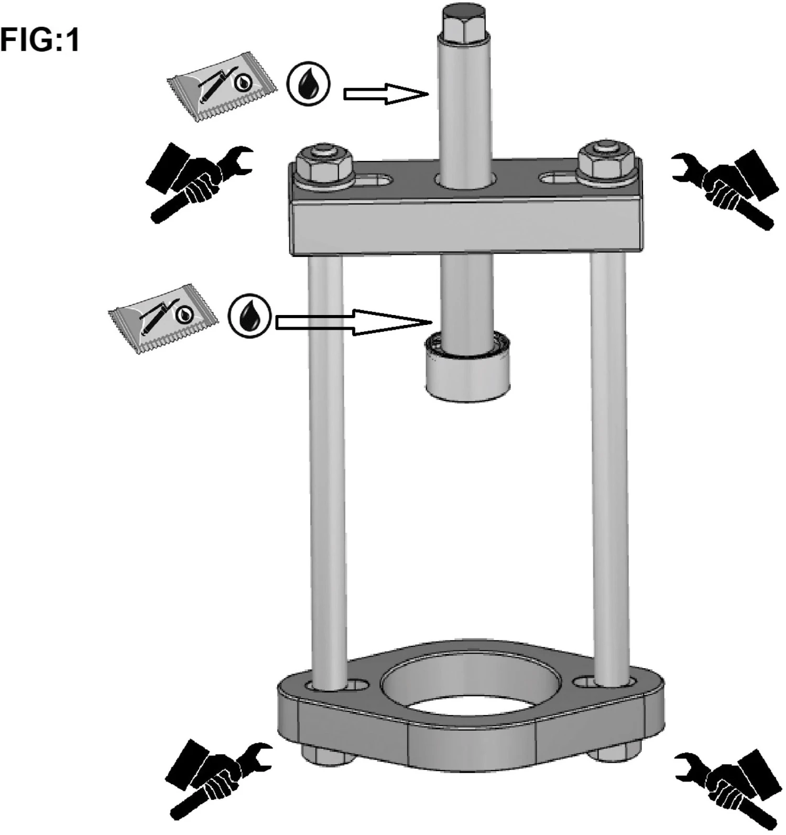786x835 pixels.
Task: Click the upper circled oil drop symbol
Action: coord(309,85)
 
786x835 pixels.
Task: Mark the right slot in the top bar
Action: coord(559,178)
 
